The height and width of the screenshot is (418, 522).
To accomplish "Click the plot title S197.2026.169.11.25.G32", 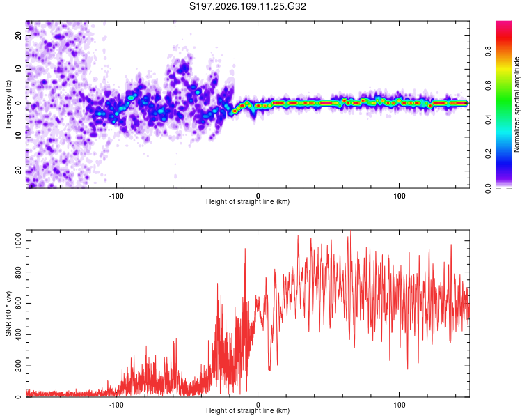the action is point(247,6).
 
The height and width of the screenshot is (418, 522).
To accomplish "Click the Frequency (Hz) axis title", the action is point(8,104).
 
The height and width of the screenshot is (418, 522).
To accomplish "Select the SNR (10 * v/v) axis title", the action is point(8,313).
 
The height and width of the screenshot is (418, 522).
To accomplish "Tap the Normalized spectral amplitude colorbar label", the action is point(516,104).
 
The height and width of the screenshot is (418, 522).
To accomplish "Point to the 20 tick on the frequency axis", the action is point(18,35).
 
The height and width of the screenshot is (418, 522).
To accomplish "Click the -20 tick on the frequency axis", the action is point(18,171).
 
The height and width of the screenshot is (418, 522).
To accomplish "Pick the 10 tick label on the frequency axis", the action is point(18,69).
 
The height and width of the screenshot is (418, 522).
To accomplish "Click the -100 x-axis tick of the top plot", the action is point(116,196).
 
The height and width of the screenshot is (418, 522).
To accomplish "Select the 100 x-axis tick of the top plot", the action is point(400,196).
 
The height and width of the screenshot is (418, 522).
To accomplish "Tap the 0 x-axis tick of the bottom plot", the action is point(258,405).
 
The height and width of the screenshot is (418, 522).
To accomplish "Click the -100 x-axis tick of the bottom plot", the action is point(116,405).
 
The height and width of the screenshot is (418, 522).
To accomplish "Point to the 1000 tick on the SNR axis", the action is point(18,240).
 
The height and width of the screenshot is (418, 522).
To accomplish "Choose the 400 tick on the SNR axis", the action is point(18,334).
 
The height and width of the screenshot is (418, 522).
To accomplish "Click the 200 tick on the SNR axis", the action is point(18,366).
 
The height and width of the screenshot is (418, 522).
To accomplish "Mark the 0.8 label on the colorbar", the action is point(488,52).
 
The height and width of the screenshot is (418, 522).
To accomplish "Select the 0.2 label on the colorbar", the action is point(488,154).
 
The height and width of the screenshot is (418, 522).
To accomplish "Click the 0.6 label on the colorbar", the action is point(488,86).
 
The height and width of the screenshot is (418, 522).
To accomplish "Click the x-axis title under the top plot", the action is point(248,201).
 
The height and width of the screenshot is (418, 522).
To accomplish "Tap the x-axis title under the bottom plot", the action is point(248,410).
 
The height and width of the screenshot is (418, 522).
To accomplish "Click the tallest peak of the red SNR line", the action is point(351,231).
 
